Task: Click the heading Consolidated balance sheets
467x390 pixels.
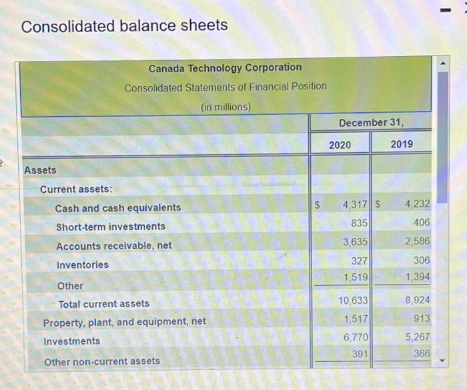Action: click(125, 26)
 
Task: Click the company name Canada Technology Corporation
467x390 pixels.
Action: click(225, 67)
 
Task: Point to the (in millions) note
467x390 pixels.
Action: click(225, 106)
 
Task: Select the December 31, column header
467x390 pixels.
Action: click(370, 123)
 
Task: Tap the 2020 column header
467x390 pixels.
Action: click(340, 144)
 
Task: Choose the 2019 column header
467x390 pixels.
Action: click(401, 144)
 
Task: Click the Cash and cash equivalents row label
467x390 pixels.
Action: click(118, 208)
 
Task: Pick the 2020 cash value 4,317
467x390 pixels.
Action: click(354, 204)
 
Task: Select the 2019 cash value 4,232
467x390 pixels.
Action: click(417, 204)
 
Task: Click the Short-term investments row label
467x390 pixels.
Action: click(111, 226)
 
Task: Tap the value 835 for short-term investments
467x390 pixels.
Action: click(359, 222)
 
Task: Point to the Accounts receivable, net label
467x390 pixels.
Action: click(114, 246)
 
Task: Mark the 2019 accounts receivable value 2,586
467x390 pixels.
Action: click(417, 241)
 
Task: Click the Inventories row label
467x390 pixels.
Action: click(83, 264)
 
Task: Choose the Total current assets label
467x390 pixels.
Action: click(104, 304)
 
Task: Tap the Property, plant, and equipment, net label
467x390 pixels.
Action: click(125, 322)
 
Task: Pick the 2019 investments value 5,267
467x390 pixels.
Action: click(417, 337)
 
